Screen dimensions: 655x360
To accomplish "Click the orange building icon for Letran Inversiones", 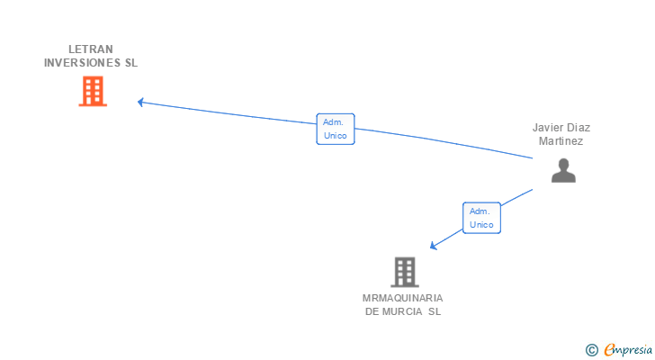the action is click(x=93, y=91).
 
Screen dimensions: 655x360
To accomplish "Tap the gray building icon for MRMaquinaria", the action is click(x=405, y=272).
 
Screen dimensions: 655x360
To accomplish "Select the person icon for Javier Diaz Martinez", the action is click(x=563, y=170).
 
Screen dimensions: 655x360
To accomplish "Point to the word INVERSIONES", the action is click(x=82, y=63).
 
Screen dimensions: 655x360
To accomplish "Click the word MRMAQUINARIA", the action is click(x=403, y=298).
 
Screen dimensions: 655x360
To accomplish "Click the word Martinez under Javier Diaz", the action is click(x=561, y=141).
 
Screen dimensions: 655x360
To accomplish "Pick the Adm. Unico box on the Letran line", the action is click(x=336, y=129).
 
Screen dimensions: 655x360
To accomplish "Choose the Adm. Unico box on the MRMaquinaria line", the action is click(x=481, y=218).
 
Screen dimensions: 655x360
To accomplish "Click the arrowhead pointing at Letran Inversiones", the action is click(x=140, y=102).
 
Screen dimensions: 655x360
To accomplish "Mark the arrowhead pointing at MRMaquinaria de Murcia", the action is click(x=434, y=246).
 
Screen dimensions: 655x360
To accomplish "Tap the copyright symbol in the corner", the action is click(x=592, y=350).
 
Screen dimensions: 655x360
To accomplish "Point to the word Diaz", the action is click(x=579, y=128).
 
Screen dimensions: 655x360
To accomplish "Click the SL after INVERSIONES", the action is click(x=131, y=63).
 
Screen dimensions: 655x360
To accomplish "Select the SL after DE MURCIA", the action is click(x=435, y=311).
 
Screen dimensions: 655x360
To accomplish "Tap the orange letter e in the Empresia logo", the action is click(x=609, y=350).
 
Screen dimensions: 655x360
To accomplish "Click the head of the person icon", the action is click(x=563, y=164).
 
